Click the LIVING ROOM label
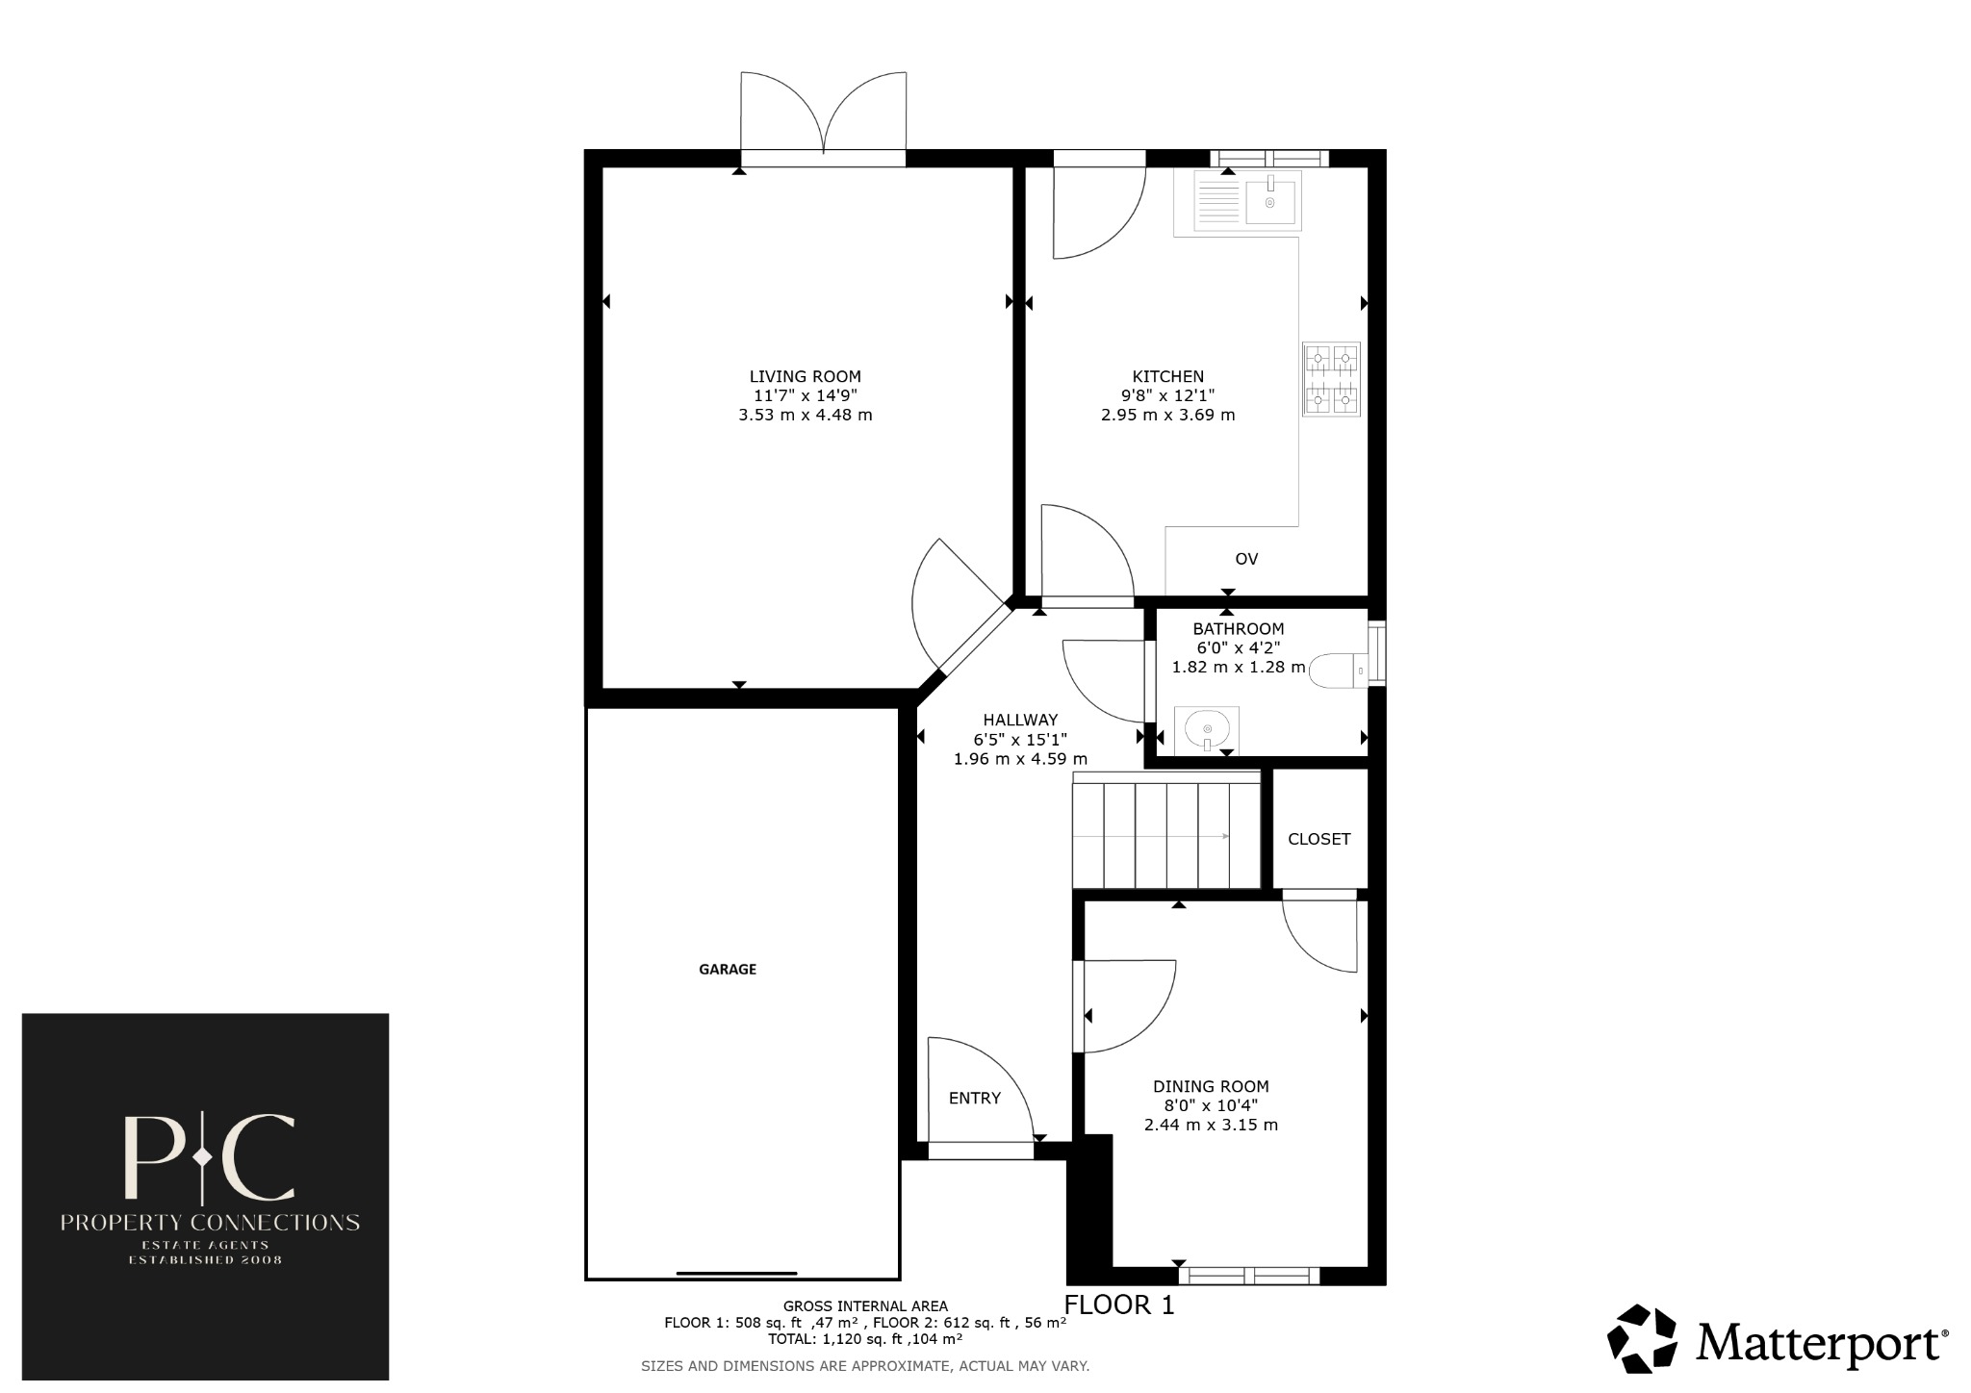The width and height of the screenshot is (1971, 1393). (805, 377)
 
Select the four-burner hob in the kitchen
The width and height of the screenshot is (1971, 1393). (1331, 379)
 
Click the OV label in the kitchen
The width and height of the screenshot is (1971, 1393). (1246, 559)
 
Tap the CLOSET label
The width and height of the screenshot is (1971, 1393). (1318, 839)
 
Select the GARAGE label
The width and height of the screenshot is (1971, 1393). (727, 970)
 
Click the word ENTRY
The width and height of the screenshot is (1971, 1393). (974, 1099)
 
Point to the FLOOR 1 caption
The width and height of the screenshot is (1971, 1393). (1119, 1305)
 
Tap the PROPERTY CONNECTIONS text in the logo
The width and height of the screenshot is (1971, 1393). (210, 1223)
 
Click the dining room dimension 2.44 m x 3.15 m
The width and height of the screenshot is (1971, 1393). (1211, 1126)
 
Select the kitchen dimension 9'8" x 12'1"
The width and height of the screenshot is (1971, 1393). (1167, 395)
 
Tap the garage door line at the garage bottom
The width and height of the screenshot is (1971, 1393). (736, 1274)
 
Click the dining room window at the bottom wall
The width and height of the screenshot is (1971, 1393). (1248, 1276)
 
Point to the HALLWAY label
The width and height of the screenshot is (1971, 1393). (1020, 720)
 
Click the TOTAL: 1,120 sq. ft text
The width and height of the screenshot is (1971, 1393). (864, 1339)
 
